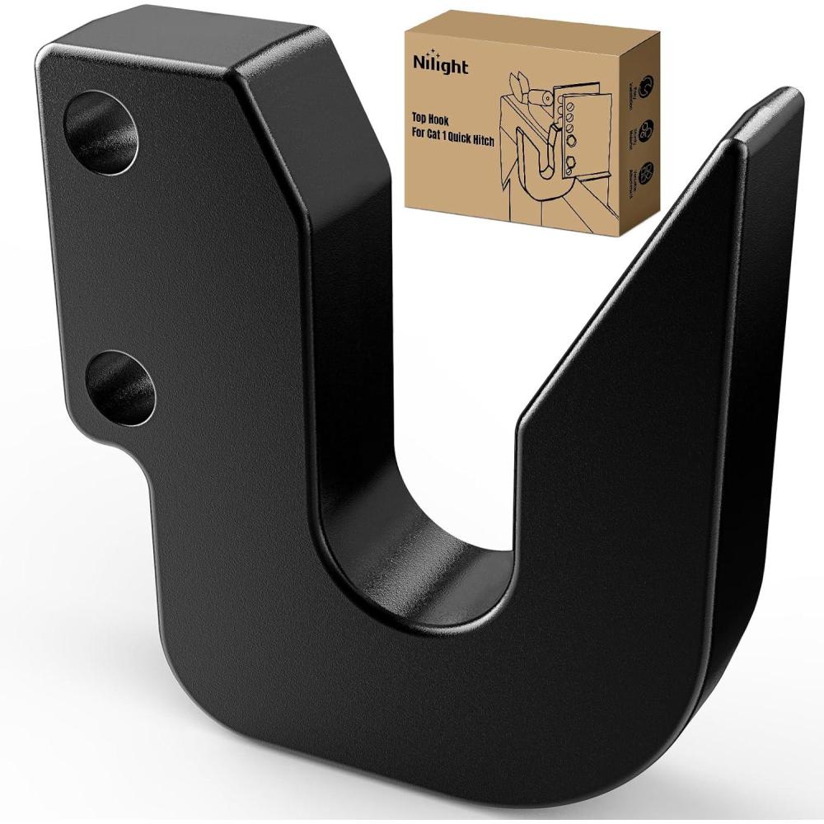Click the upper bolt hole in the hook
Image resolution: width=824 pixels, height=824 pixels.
tap(101, 129)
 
